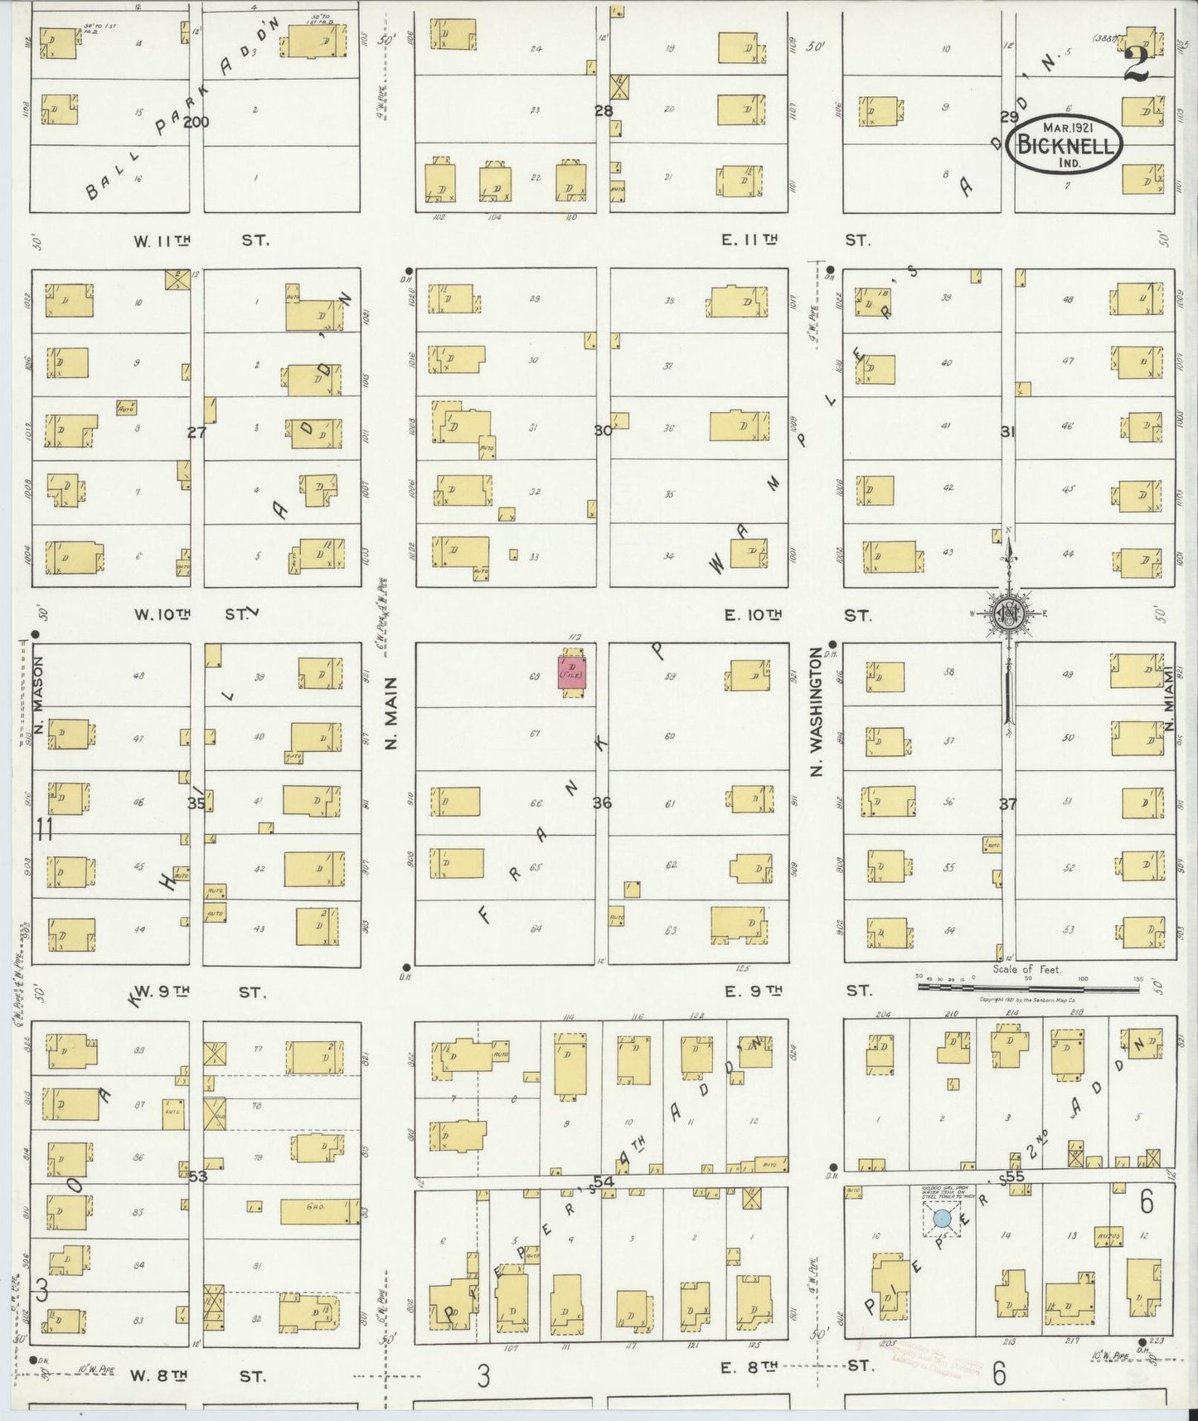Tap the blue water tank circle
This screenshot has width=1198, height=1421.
(x=942, y=1219)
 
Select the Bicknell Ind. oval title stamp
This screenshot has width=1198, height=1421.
(x=1065, y=145)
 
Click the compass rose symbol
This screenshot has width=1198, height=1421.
(x=1008, y=614)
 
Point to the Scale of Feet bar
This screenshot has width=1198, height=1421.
(x=1028, y=987)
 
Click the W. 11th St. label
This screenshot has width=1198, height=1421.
(x=199, y=240)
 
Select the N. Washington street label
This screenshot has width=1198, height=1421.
(x=816, y=713)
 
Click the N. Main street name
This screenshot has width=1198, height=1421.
(x=392, y=713)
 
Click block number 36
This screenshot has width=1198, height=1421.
(x=602, y=803)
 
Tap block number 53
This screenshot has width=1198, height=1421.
(x=197, y=1176)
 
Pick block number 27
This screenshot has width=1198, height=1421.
(x=196, y=432)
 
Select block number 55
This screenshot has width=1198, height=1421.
(x=1015, y=1176)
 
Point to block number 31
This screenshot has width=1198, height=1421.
(x=1007, y=432)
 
